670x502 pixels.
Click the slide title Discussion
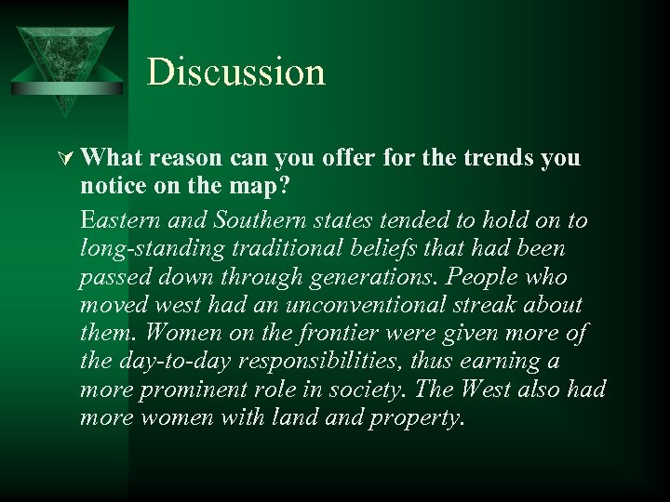point(235,73)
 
